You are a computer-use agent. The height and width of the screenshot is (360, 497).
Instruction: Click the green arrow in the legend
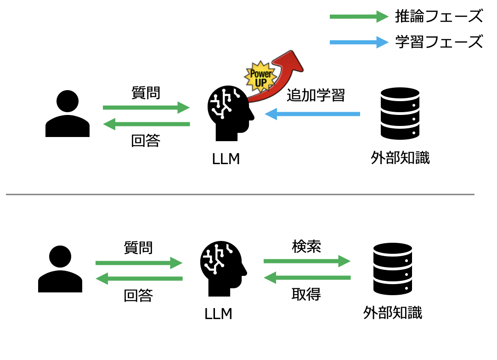[x=359, y=17]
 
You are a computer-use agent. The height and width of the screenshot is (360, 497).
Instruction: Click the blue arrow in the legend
[x=359, y=43]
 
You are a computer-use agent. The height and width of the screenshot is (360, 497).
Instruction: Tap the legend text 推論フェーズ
[x=439, y=17]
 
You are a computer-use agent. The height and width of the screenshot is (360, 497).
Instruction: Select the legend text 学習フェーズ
[x=439, y=42]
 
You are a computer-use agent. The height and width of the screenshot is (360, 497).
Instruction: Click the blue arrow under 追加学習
[x=312, y=114]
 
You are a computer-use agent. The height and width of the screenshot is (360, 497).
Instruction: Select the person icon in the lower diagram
[x=60, y=269]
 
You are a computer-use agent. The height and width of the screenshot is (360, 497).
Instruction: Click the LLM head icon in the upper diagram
[x=230, y=113]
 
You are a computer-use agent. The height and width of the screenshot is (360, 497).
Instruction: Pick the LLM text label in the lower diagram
[x=219, y=314]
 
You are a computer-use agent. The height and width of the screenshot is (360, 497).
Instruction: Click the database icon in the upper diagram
[x=400, y=113]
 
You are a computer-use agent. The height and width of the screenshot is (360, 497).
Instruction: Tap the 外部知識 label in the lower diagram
[x=393, y=313]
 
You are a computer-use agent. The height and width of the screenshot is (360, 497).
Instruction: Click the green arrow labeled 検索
[x=307, y=262]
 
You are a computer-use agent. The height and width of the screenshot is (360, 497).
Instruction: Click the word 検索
[x=306, y=246]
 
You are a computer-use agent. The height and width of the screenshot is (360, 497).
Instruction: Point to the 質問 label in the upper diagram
[x=146, y=93]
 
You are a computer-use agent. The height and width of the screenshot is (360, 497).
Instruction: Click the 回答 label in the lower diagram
[x=138, y=296]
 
